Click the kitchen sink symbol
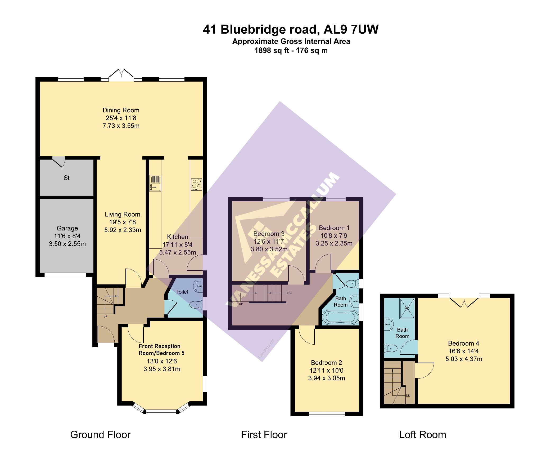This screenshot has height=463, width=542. (155, 183)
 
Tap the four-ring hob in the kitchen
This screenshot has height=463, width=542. (196, 184)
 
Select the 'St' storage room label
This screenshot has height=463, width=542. (66, 178)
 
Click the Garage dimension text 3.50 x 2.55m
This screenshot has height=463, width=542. (67, 244)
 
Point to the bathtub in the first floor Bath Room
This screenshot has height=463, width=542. (340, 317)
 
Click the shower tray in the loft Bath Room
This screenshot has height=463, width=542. (407, 308)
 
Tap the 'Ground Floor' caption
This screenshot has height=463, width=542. (100, 435)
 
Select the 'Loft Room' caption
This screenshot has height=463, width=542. (422, 435)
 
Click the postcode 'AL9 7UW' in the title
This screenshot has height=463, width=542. (351, 29)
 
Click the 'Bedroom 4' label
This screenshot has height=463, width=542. (463, 343)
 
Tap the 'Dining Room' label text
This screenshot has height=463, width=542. (121, 110)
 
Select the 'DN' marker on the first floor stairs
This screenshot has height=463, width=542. (289, 293)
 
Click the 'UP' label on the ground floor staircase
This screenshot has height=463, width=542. (105, 316)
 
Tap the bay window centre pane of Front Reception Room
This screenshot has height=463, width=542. (161, 412)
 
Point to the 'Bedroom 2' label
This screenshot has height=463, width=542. (326, 363)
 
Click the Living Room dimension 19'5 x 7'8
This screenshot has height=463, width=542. (123, 222)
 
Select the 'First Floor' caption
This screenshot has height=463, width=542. (264, 435)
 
